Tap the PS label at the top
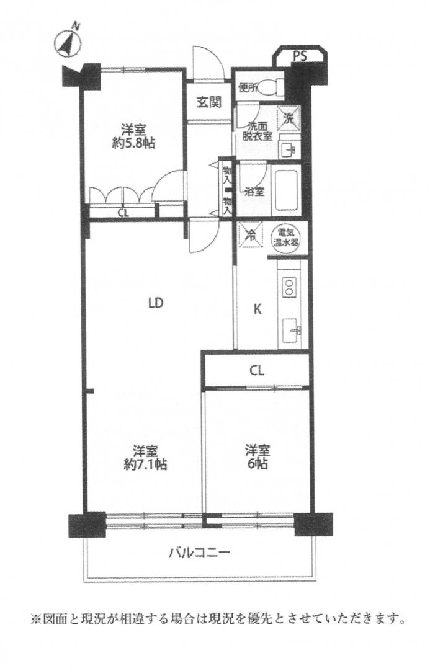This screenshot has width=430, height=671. click(x=300, y=56)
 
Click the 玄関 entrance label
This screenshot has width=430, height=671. click(x=209, y=102)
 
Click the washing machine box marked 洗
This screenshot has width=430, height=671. click(x=289, y=118)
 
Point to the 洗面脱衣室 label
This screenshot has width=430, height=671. click(x=258, y=131)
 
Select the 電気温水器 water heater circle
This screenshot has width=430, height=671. click(x=286, y=238)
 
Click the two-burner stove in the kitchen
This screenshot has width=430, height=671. click(x=289, y=287)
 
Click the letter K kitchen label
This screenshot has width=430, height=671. click(x=258, y=309)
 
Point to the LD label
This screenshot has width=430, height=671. click(x=156, y=303)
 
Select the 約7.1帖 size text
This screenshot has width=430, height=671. click(x=145, y=464)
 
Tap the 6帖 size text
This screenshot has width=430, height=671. click(x=257, y=463)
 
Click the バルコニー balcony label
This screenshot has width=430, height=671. click(x=200, y=553)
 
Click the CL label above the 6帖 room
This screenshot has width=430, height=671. click(x=257, y=371)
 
